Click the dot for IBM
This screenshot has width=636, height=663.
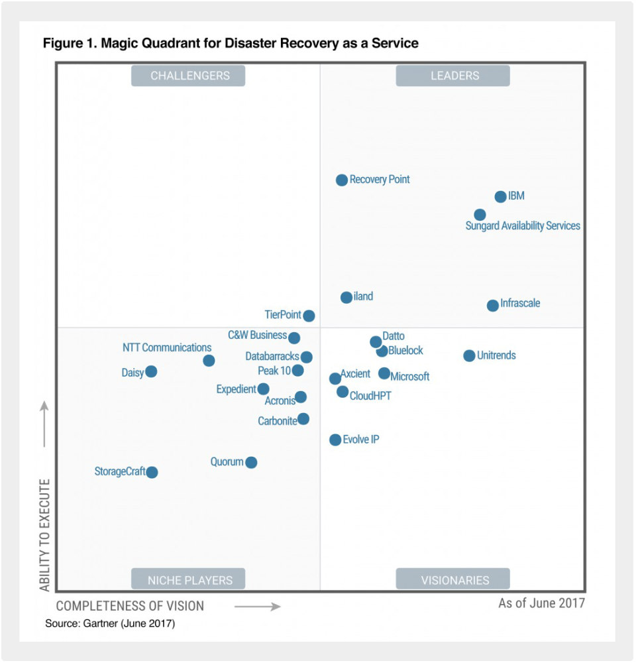[x=500, y=197]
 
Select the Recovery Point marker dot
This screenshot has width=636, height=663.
[x=342, y=180]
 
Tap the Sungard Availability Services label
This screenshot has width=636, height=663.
[x=523, y=226]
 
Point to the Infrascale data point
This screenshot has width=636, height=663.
[x=492, y=306]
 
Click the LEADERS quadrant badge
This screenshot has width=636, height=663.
[x=453, y=76]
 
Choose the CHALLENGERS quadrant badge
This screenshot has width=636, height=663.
[x=189, y=76]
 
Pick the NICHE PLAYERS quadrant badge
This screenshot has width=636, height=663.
[x=189, y=579]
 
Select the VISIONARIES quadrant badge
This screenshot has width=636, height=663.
[x=453, y=579]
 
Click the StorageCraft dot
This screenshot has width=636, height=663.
[x=152, y=472]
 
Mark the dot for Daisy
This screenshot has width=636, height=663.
[x=151, y=371]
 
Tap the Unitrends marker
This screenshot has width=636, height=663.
[x=469, y=356]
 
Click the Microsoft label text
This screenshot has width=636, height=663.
[x=410, y=377]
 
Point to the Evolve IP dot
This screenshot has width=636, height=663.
[x=335, y=440]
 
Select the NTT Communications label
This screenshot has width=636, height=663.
[x=167, y=347]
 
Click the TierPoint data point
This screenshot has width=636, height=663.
[x=309, y=316]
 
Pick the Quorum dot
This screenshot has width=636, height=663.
[x=251, y=463]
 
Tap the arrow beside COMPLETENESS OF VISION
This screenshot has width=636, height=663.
[x=258, y=606]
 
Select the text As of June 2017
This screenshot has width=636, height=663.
[x=541, y=603]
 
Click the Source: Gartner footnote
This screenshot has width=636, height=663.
[x=110, y=624]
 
